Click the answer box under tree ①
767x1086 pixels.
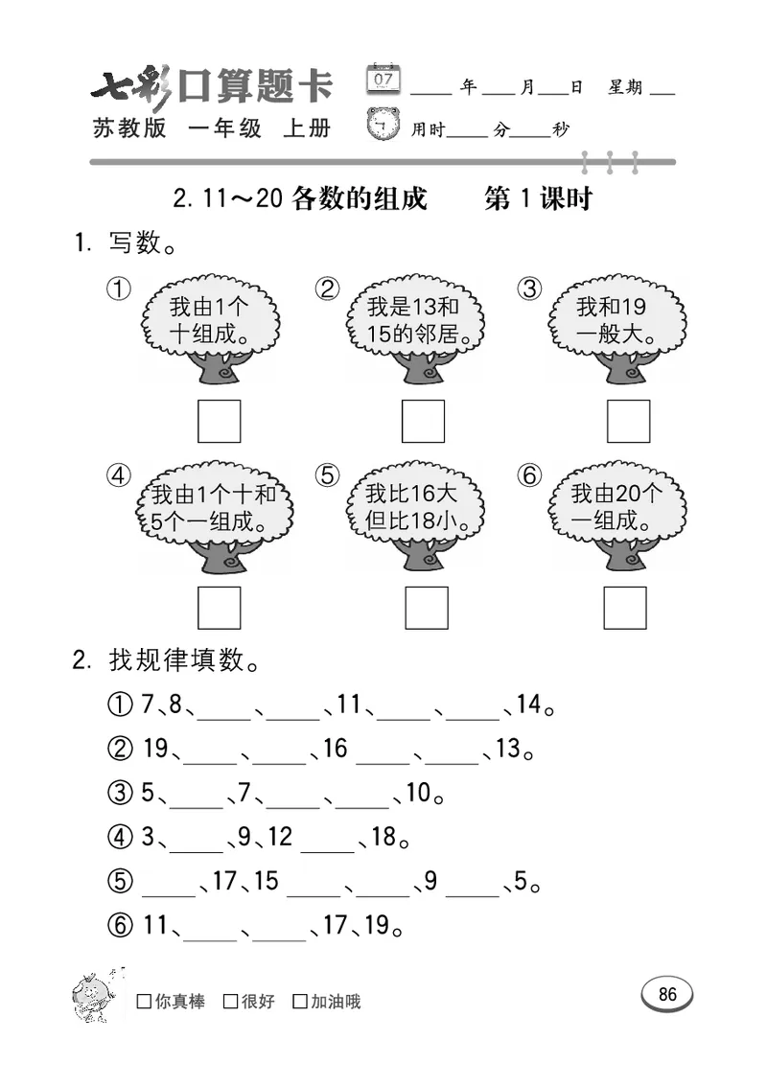tap(219, 421)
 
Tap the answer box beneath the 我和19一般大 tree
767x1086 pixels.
tap(628, 421)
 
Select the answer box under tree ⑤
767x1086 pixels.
tap(426, 608)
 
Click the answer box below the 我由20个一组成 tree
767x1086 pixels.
tap(625, 608)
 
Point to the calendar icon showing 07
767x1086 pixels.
tap(383, 80)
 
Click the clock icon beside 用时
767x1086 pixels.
tap(383, 126)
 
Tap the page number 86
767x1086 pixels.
tap(667, 994)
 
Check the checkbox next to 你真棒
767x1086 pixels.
tap(144, 1003)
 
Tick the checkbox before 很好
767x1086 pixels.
tap(230, 1003)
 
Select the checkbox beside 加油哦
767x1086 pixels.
tap(300, 1003)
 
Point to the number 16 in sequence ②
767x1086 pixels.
tap(335, 749)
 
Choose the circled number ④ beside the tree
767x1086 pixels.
tap(119, 475)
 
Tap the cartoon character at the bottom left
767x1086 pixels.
tap(96, 994)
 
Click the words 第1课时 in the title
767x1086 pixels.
tap(538, 199)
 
